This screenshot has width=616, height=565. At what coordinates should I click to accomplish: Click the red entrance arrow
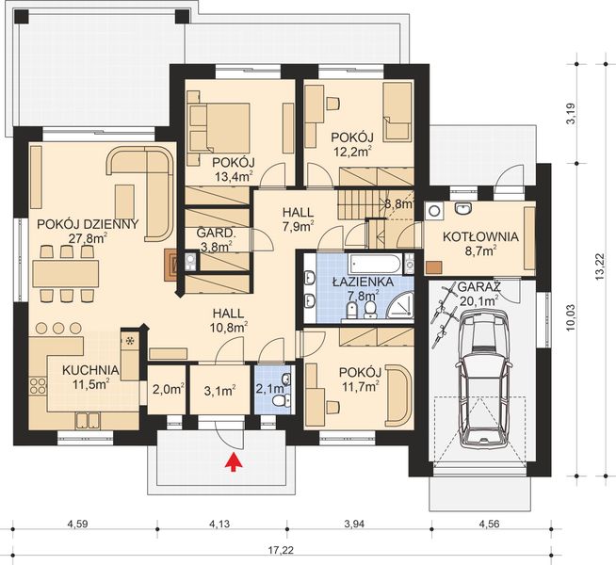pos(234,461)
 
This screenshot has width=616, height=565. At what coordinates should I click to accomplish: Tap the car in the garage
pos(483,378)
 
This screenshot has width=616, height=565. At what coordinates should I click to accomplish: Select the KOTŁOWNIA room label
pos(480,236)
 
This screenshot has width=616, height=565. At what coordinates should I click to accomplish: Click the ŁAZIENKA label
pos(363,282)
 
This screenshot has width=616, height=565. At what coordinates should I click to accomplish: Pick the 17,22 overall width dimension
pos(282,550)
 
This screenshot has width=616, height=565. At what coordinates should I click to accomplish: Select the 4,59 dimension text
pos(77,524)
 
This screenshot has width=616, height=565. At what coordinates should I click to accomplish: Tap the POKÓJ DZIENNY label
pos(88,224)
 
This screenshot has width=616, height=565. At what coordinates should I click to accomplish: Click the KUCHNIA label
pos(90,370)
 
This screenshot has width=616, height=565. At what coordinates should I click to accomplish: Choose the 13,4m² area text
pos(234,176)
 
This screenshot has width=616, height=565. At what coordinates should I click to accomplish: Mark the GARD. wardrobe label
pos(216,234)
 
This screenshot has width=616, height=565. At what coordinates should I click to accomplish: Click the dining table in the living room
pos(66,274)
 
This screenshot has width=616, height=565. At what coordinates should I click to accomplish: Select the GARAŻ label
pos(478,287)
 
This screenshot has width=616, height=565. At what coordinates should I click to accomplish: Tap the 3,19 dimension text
pos(571,114)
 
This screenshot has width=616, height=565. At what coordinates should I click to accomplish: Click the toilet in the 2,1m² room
pos(282,401)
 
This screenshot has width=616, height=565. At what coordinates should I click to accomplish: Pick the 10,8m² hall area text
pos(230,327)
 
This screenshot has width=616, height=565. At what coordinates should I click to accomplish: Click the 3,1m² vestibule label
pos(220,390)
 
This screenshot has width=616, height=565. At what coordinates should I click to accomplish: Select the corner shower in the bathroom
pos(401,304)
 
